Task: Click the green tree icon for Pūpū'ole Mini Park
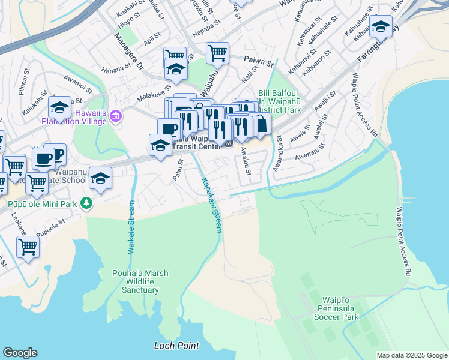pos(87,204)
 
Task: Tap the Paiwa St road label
pos(259,61)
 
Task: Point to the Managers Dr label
pos(129,53)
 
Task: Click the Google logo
pos(20,352)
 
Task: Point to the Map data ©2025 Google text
pos(411,355)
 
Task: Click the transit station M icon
pos(228,143)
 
